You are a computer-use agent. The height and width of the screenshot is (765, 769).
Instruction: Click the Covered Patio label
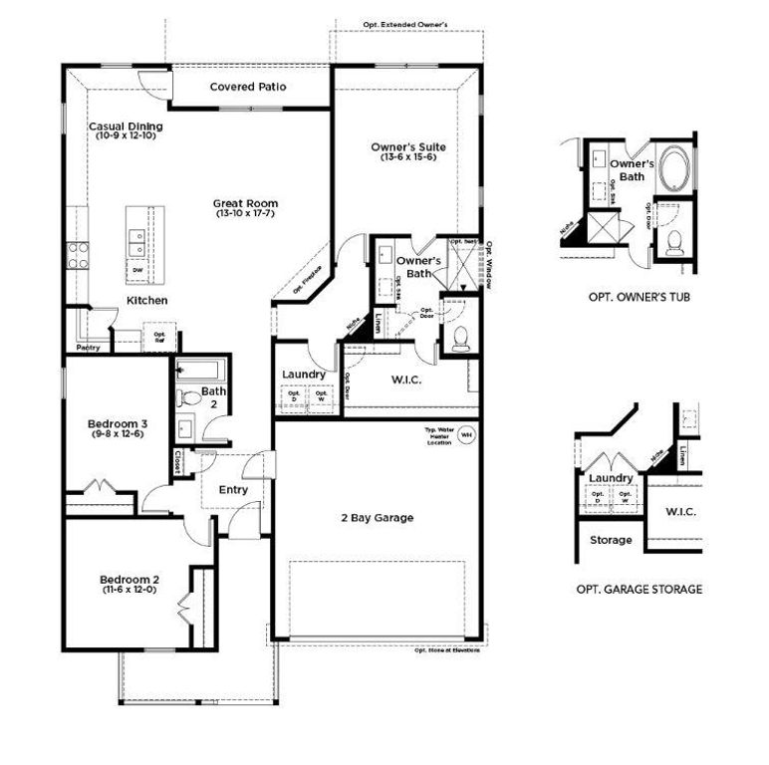(248, 87)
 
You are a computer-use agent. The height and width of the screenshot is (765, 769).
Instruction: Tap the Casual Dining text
(126, 127)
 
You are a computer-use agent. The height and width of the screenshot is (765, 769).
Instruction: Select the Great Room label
(246, 203)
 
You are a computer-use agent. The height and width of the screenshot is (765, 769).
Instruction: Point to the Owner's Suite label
(412, 147)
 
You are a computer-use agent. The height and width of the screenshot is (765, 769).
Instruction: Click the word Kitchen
(146, 300)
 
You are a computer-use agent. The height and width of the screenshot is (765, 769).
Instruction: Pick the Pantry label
(88, 348)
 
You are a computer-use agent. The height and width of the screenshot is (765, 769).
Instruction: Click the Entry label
(233, 489)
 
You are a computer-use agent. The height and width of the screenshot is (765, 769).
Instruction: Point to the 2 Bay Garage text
(377, 517)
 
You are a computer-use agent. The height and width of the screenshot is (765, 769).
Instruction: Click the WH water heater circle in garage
(465, 435)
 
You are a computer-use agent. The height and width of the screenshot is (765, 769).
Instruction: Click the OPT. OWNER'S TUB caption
(639, 298)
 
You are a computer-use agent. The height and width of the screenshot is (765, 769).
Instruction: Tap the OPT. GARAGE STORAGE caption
(639, 590)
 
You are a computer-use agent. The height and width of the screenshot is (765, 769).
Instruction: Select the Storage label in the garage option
(611, 540)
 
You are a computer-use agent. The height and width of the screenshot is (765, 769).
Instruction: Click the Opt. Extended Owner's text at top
(406, 23)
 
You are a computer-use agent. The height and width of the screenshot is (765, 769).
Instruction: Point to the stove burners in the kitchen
(76, 255)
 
